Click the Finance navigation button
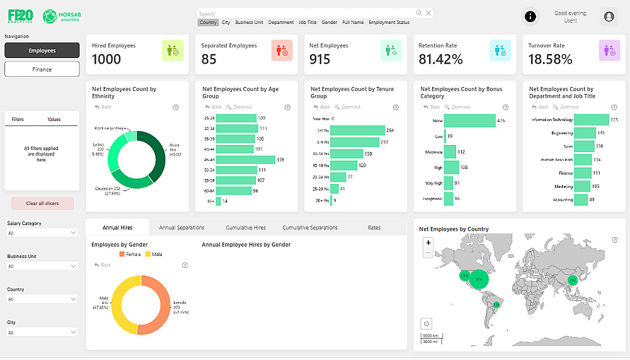[42, 69]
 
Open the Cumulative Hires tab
[246, 228]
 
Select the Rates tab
[374, 228]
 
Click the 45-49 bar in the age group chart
[245, 160]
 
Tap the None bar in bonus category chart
[470, 120]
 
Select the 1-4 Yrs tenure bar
[357, 131]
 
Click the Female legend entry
[131, 254]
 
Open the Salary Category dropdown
[42, 233]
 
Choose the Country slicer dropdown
[42, 299]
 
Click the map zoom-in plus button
[428, 243]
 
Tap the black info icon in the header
[530, 16]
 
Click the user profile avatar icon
[609, 16]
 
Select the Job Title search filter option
[307, 23]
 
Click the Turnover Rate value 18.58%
[550, 59]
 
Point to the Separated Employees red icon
[282, 50]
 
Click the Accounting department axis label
[563, 200]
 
